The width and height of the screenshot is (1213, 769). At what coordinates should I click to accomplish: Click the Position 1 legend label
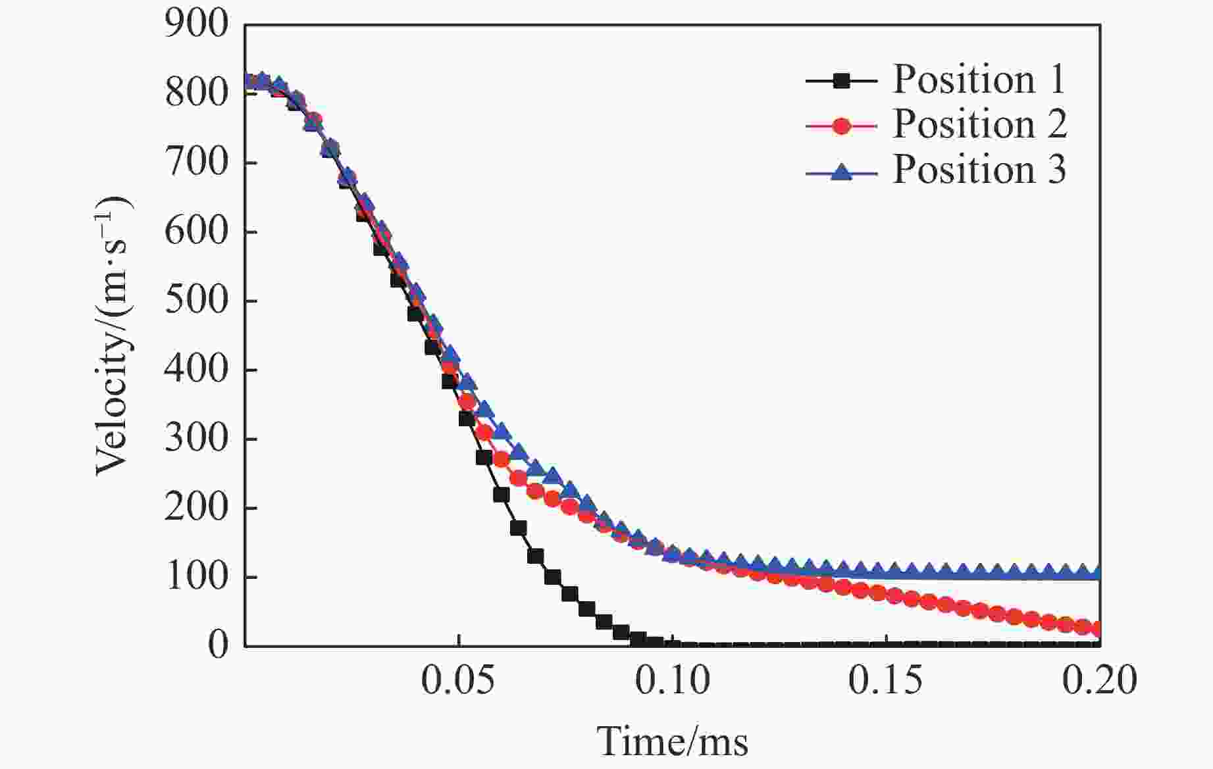979,80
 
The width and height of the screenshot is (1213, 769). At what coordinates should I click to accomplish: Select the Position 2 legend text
979,124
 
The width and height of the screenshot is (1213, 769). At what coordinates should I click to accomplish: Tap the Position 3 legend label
979,170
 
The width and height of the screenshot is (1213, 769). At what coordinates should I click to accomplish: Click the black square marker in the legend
841,81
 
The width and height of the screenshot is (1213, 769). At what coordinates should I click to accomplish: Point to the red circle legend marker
841,126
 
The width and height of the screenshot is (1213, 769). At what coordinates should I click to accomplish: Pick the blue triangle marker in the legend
841,172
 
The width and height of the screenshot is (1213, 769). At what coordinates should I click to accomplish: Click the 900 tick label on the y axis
197,25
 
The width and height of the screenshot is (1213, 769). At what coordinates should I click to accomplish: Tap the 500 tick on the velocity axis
197,301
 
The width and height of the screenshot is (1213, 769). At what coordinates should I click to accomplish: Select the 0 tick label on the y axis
219,645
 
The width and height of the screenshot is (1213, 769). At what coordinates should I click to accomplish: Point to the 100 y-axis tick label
197,577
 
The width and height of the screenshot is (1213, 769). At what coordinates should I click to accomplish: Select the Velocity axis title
114,335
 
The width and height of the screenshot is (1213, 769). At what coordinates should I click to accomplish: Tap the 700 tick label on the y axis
197,163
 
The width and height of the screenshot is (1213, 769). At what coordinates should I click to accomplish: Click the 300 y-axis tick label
197,439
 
